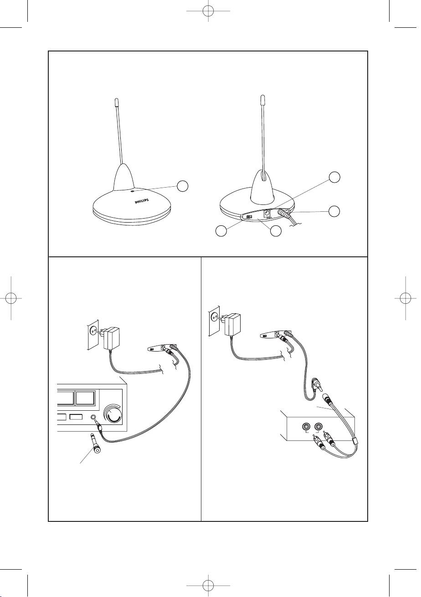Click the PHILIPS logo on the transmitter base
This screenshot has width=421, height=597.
[142, 201]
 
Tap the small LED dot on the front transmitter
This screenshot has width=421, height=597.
[133, 191]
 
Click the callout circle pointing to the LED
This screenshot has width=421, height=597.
[183, 186]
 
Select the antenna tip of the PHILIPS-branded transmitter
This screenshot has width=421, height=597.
[116, 102]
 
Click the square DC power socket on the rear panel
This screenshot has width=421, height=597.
[267, 213]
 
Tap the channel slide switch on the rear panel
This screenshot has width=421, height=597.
[249, 217]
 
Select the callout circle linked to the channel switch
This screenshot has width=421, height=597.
[221, 230]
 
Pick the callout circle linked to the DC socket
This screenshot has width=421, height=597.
[334, 177]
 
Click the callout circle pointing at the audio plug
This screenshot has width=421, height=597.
[334, 211]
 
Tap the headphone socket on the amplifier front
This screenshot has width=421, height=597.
[93, 417]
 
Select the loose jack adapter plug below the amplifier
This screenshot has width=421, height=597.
[95, 446]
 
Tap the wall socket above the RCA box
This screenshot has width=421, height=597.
[214, 321]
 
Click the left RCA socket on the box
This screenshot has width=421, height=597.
[306, 427]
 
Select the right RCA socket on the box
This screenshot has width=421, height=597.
[318, 427]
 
